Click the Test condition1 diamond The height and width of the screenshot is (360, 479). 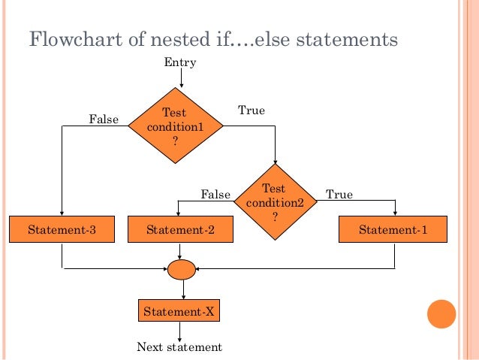[176, 126]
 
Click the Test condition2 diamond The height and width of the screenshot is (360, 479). [275, 199]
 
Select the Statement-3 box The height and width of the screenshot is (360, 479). [62, 229]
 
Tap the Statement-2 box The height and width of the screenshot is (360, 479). [180, 229]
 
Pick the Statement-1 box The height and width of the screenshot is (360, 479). [393, 229]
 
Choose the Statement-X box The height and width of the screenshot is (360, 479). [180, 310]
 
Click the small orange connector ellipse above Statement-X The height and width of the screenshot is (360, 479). [182, 269]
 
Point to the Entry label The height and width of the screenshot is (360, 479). [180, 62]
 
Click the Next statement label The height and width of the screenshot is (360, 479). [179, 347]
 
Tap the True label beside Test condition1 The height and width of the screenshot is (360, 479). [252, 110]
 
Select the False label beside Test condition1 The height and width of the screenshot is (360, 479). [104, 119]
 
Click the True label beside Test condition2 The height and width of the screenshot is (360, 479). [339, 195]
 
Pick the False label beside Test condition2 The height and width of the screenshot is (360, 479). [215, 195]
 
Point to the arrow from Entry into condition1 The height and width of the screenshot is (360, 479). [182, 78]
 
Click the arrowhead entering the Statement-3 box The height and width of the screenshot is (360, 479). [62, 213]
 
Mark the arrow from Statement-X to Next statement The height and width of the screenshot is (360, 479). [180, 331]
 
